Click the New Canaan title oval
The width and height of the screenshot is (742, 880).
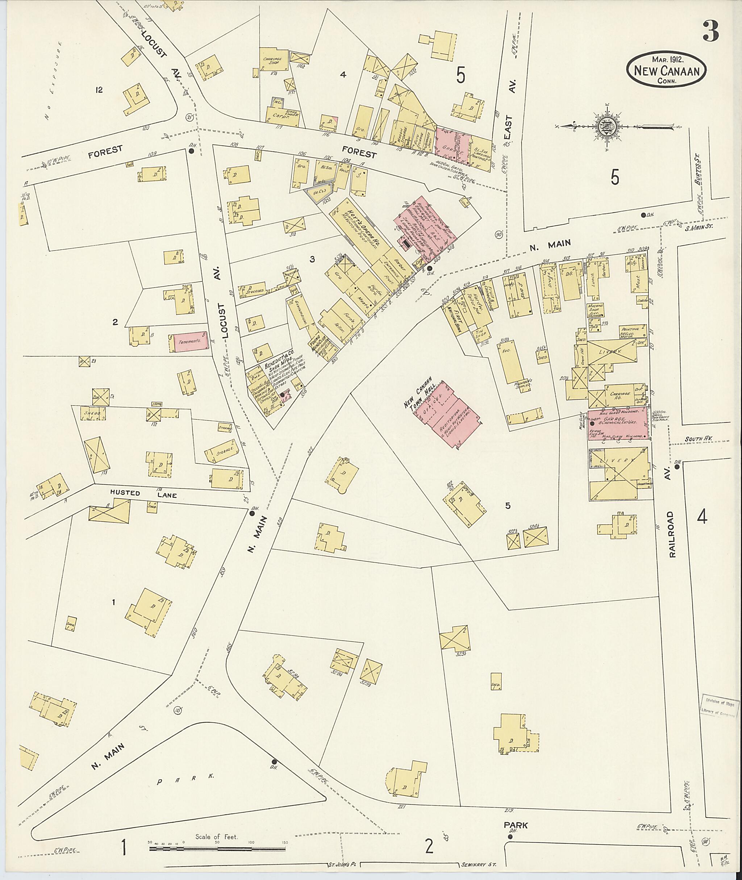coord(666,70)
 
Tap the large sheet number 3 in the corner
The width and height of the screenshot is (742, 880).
coord(710,32)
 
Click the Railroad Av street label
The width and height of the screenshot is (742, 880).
coord(672,534)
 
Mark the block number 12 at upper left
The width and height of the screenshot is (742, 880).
coord(99,89)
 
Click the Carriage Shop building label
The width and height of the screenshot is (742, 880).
coord(272,62)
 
